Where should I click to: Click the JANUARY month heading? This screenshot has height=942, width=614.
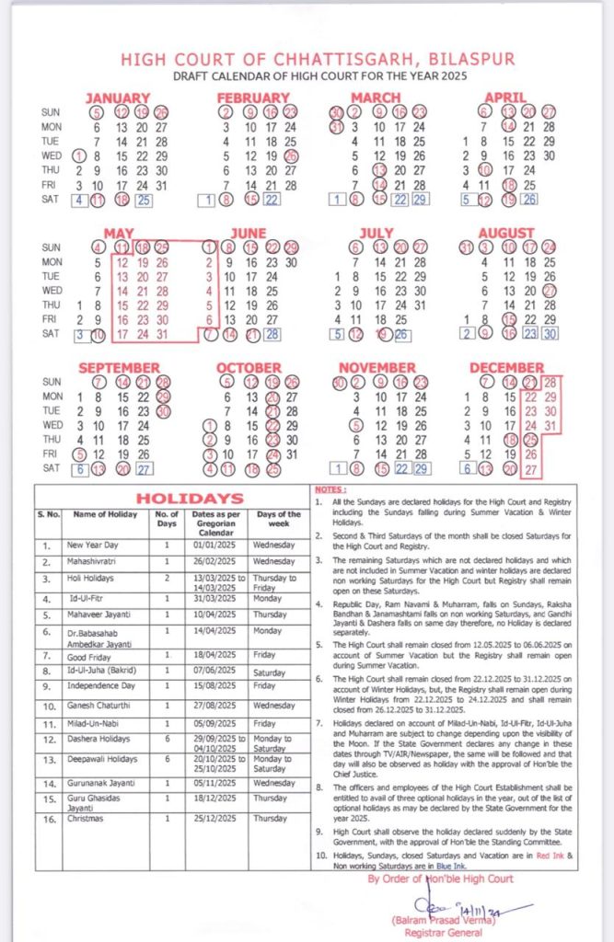point(117,98)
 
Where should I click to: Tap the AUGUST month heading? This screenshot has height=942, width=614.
point(506,233)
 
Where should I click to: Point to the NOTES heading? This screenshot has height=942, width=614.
point(330,490)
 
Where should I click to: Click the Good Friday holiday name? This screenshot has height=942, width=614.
point(88,655)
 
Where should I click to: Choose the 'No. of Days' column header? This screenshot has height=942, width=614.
point(166,518)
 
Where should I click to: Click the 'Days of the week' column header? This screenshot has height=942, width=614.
point(279,518)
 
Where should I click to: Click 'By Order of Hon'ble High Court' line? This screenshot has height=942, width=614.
point(440,879)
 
